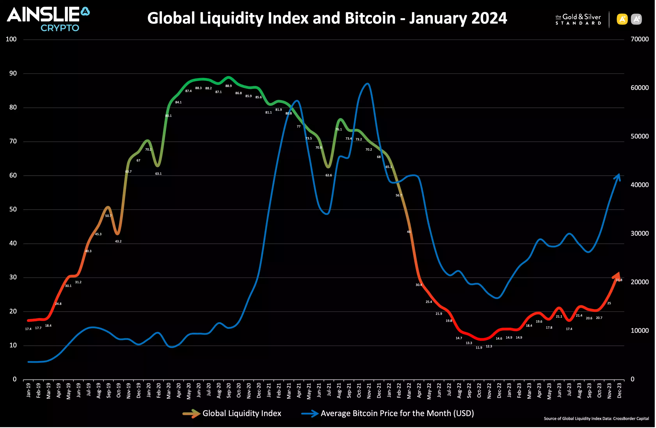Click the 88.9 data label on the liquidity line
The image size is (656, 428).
pos(229,86)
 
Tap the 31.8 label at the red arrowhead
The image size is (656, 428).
pos(619,280)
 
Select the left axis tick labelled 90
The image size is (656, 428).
pos(13,73)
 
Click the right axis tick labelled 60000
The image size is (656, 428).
pos(639,88)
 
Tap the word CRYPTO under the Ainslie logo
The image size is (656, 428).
pos(60,28)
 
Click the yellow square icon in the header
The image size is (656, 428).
pos(622,19)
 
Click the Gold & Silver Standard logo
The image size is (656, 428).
pos(578,19)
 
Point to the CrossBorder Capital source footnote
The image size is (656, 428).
pos(596,419)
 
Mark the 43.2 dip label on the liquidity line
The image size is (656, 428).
pos(118,241)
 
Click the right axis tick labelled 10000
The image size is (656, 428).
pos(639,331)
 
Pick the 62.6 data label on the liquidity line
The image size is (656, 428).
pos(329,175)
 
